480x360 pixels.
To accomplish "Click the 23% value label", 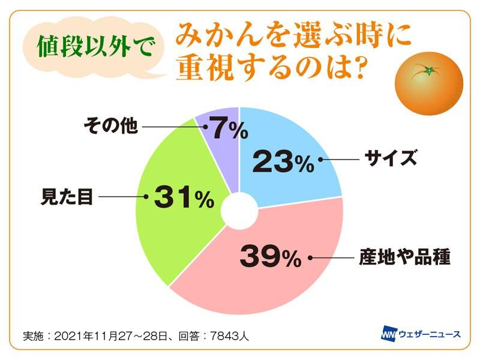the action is [x=283, y=161].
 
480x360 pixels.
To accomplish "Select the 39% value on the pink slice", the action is [x=271, y=257].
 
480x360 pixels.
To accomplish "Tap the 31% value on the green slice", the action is [x=184, y=197].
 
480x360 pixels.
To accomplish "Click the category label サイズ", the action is [x=391, y=158].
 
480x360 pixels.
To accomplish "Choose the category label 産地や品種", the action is [x=404, y=257].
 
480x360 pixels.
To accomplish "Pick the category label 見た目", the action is [x=67, y=197].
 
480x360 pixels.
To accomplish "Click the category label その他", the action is [x=110, y=125].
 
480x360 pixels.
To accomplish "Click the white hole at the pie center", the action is [x=239, y=211].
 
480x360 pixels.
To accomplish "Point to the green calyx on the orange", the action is [x=428, y=71].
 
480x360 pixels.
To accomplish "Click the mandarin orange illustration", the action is [x=429, y=83].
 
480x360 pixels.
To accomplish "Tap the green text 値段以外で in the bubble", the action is [x=95, y=47].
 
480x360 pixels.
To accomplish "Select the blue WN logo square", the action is [x=389, y=333].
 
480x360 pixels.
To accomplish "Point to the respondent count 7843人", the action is [x=229, y=336].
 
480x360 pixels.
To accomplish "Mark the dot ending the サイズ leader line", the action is [x=320, y=160].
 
